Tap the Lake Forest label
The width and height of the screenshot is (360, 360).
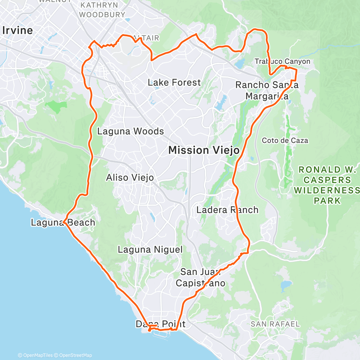click(x=174, y=82)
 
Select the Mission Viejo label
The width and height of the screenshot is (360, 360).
click(x=204, y=150)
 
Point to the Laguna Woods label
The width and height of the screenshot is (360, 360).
click(x=130, y=131)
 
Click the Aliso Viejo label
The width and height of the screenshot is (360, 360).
click(x=130, y=177)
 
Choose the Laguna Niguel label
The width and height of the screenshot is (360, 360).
click(x=150, y=249)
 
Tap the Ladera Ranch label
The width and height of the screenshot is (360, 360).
click(x=227, y=210)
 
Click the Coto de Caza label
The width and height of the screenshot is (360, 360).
click(x=285, y=140)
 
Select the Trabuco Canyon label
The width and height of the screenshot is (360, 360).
click(x=282, y=62)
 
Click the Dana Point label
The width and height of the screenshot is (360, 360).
click(x=160, y=324)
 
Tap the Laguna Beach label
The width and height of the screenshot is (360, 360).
click(x=63, y=222)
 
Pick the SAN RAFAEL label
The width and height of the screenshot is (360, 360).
click(x=275, y=324)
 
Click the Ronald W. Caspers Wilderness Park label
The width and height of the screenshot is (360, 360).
click(x=327, y=185)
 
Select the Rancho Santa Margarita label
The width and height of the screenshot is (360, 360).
click(x=267, y=91)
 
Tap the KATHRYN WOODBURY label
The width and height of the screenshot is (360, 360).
click(x=102, y=10)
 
